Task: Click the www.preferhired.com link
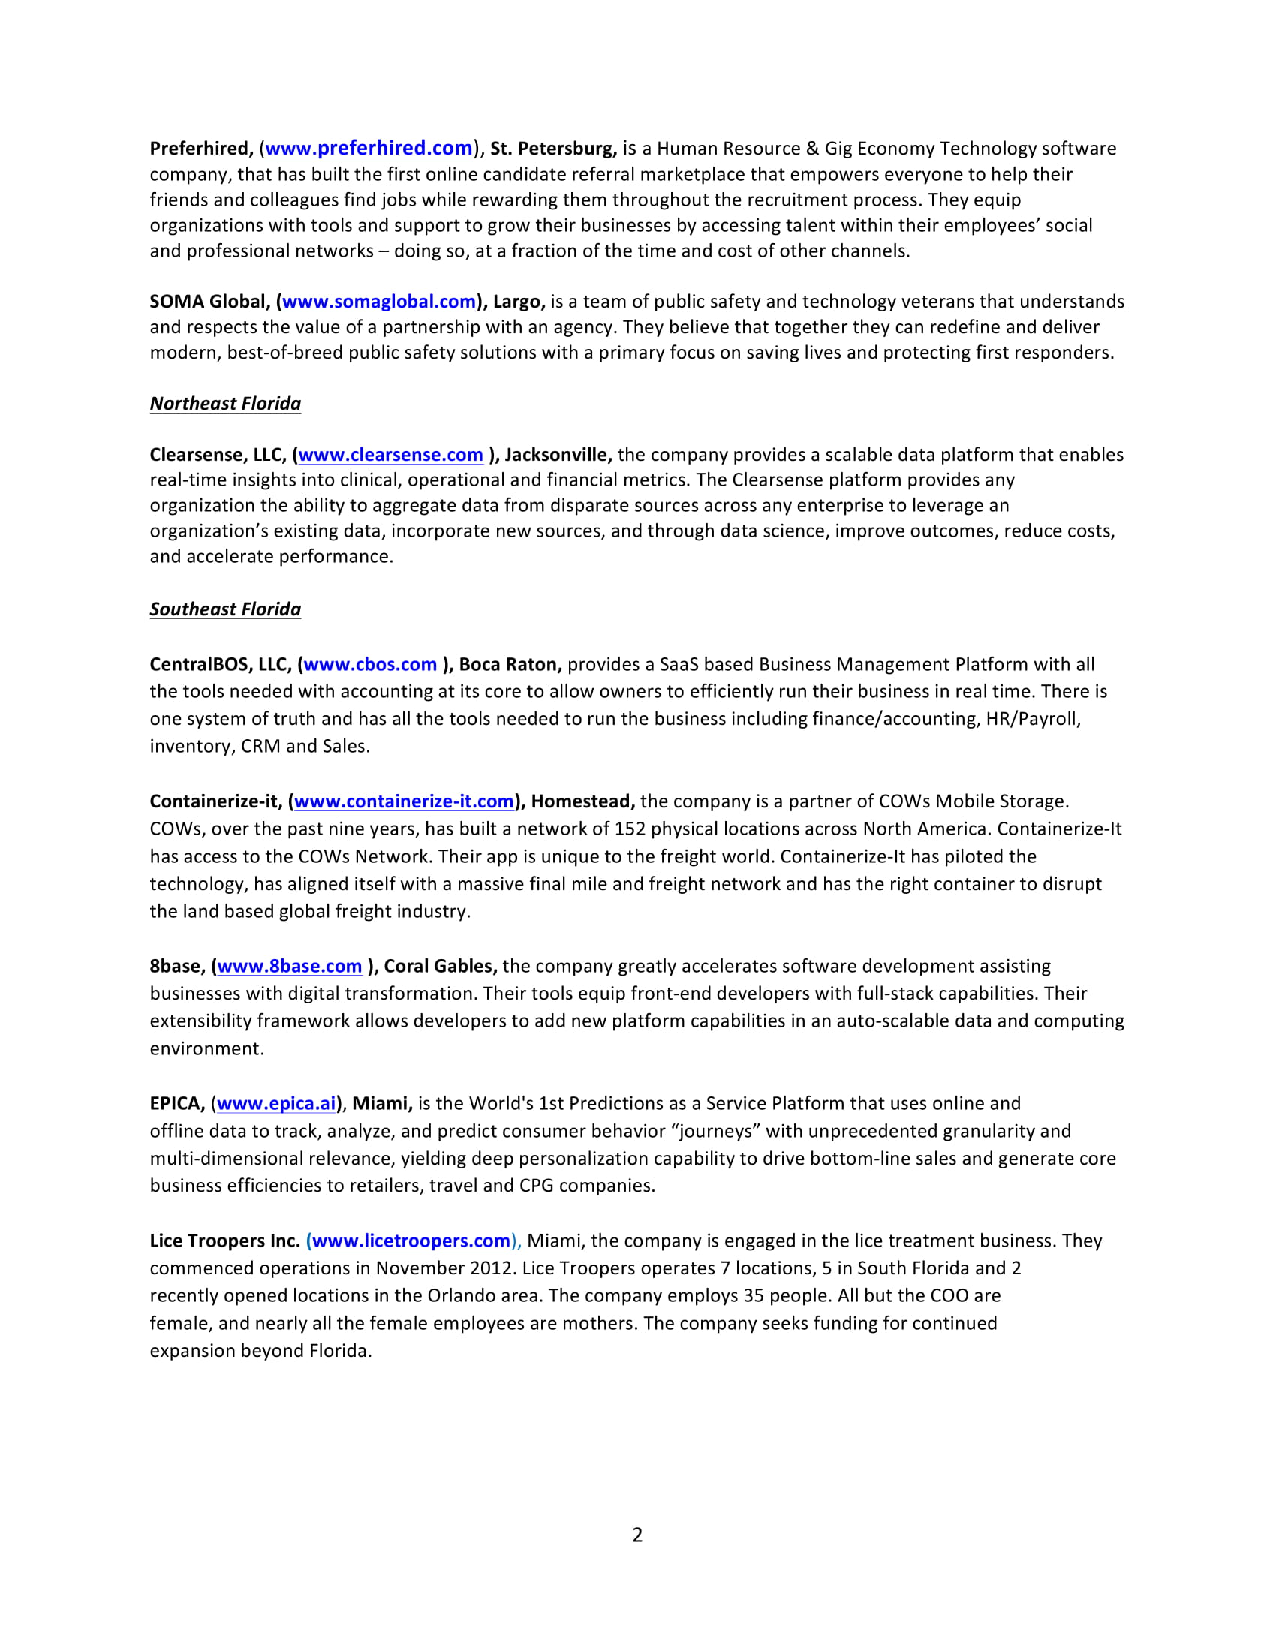click(369, 148)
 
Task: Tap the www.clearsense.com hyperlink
click(391, 454)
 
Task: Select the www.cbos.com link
click(370, 664)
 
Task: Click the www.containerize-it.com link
click(405, 801)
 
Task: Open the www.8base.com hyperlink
click(290, 966)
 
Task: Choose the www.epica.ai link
click(276, 1104)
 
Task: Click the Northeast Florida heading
click(225, 404)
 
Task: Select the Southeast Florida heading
click(225, 609)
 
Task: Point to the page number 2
click(637, 1535)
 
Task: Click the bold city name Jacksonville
click(557, 454)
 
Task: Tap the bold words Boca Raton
click(509, 664)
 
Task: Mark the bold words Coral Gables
click(439, 966)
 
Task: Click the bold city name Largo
click(518, 302)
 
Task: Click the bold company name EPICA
click(176, 1104)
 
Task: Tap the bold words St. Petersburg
click(552, 148)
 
